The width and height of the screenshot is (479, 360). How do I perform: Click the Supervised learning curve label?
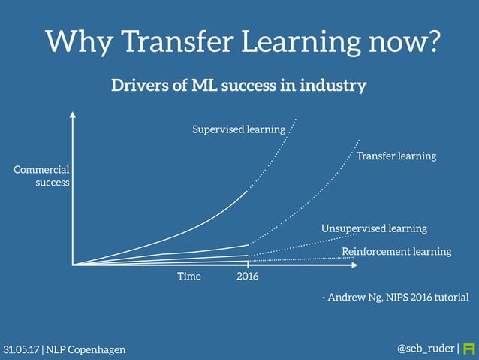click(239, 129)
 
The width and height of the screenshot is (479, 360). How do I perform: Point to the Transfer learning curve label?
click(396, 156)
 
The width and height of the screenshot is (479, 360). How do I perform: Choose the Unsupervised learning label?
click(374, 228)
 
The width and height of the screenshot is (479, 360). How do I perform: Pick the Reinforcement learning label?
click(396, 251)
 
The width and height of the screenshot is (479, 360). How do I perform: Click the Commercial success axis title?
click(42, 176)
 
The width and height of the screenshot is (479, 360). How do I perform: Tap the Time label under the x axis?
click(189, 277)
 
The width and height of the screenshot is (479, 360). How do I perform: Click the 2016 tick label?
click(248, 277)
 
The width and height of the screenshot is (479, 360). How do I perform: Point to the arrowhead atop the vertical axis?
click(73, 116)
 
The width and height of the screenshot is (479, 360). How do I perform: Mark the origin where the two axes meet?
click(73, 265)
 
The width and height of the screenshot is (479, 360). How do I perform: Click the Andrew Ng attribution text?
click(394, 298)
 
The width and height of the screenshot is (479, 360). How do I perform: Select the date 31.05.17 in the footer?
click(21, 349)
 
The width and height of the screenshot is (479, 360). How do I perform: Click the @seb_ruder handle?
click(425, 349)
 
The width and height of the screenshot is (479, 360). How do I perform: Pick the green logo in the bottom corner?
click(470, 349)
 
